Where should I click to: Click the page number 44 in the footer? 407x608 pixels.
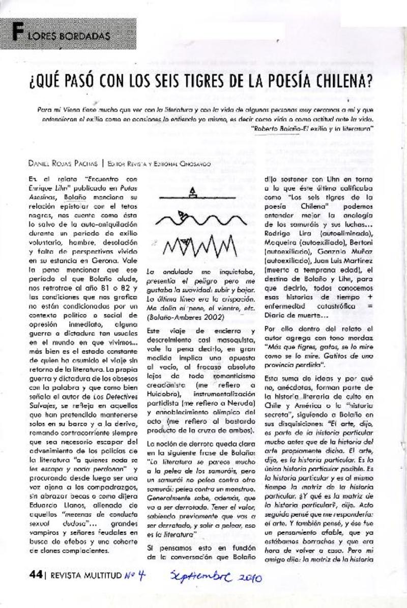[x=35, y=574]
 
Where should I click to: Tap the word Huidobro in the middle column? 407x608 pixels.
[x=162, y=394]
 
